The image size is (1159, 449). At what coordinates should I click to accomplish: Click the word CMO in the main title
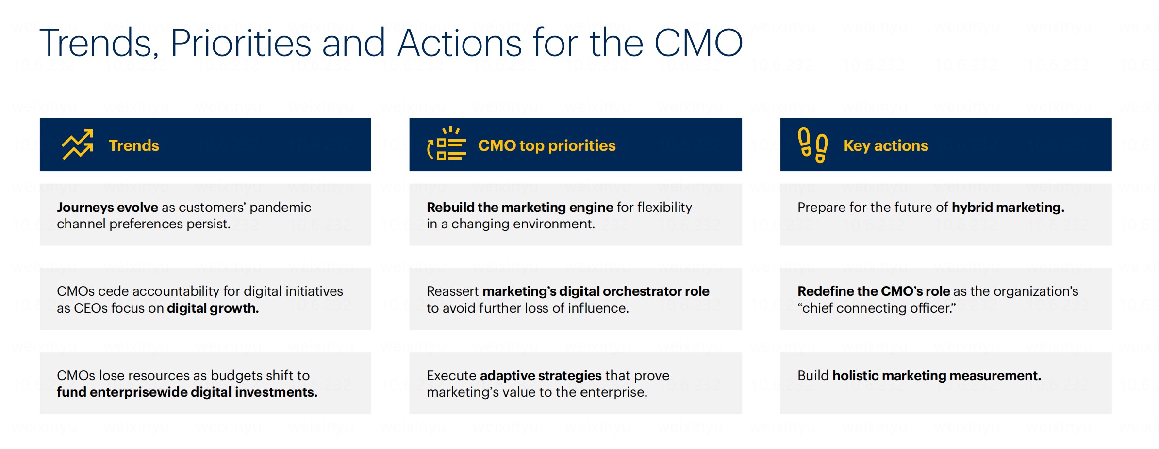(698, 43)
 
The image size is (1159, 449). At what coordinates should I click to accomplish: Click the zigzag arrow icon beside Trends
(77, 144)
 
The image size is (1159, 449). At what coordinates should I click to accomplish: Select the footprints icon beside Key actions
(813, 145)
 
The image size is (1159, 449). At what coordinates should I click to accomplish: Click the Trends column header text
(134, 145)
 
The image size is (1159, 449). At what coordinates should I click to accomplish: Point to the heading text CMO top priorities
(546, 145)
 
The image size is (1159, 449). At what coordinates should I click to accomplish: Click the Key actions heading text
(886, 145)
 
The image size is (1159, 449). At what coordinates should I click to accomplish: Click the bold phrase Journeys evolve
(107, 208)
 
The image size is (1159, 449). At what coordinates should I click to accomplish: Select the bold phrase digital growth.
(213, 308)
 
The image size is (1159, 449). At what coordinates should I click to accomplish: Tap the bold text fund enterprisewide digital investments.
(187, 392)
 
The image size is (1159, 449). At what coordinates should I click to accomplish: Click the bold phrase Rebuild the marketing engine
(520, 208)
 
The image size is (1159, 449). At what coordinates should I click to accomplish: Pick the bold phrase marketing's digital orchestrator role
(596, 291)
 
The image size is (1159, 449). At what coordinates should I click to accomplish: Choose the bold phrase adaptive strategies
(541, 375)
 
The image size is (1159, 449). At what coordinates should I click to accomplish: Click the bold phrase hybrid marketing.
(1008, 208)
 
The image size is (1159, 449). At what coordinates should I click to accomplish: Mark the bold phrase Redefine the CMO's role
(874, 291)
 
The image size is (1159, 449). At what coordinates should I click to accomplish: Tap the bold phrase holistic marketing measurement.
(937, 375)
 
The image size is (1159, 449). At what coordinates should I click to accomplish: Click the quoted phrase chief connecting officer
(877, 308)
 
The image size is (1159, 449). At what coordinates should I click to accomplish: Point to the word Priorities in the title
(241, 43)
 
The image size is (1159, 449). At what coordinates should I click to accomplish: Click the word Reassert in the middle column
(452, 291)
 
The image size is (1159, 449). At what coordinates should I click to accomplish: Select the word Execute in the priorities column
(451, 375)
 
